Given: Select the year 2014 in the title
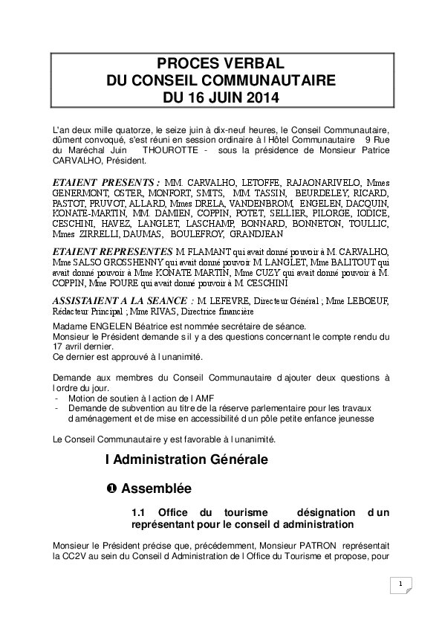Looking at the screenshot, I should tap(263, 97).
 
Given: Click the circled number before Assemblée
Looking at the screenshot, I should tap(111, 489).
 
